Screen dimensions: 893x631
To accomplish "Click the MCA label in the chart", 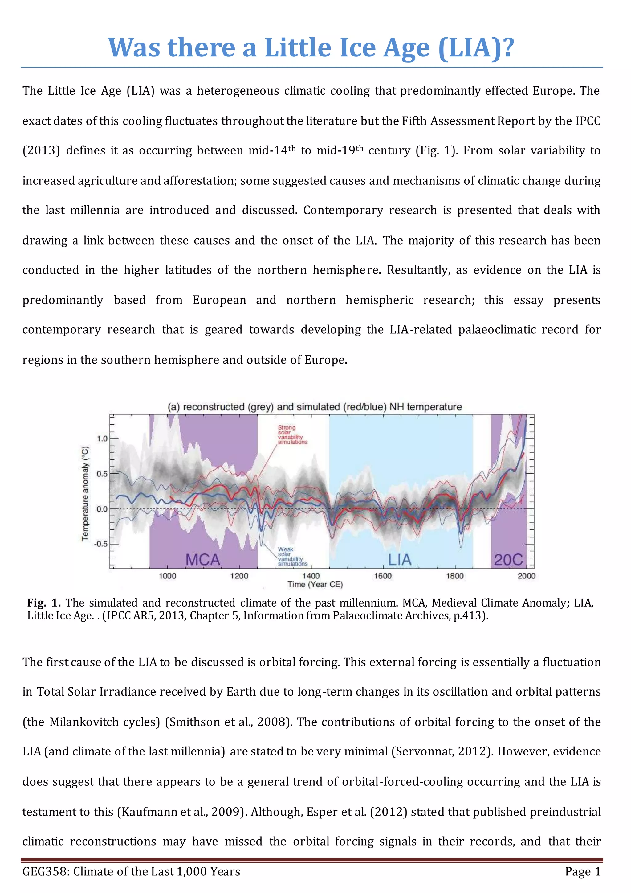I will point(202,560).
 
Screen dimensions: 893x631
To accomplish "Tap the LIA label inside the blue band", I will point(399,560).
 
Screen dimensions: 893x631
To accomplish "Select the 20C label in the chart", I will point(508,560).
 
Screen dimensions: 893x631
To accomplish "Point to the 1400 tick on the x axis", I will point(311,576).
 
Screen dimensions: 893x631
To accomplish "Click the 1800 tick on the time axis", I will point(454,576).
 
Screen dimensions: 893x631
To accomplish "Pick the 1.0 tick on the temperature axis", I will point(102,439).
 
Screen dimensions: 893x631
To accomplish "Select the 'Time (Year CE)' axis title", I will point(315,585).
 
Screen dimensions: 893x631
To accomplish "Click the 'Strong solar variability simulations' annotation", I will point(292,435).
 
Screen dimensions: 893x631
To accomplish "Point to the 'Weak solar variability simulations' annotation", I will point(292,556).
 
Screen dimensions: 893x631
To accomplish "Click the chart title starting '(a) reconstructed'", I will point(315,407).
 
